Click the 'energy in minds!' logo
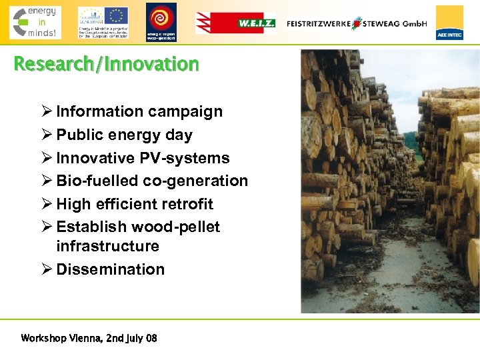[35, 22]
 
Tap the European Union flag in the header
[117, 15]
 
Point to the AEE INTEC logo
[449, 23]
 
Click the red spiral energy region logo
[161, 20]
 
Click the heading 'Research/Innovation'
[107, 65]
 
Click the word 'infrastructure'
[107, 246]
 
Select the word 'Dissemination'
[110, 269]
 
